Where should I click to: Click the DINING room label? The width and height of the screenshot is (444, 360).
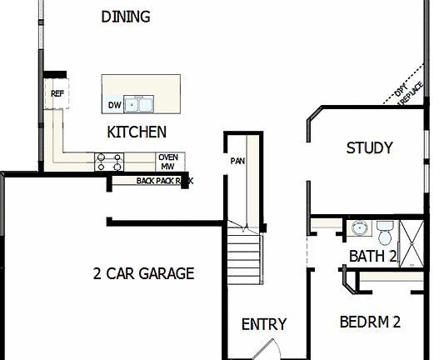pyautogui.click(x=125, y=17)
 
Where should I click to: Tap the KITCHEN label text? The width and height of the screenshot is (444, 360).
pyautogui.click(x=137, y=132)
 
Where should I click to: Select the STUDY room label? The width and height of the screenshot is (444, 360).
pyautogui.click(x=369, y=148)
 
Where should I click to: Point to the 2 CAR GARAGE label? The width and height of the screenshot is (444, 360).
pyautogui.click(x=143, y=273)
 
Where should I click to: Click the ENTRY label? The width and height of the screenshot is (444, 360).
pyautogui.click(x=263, y=324)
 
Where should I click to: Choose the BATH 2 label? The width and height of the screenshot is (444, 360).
pyautogui.click(x=372, y=256)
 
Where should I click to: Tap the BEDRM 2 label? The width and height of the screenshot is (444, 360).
pyautogui.click(x=371, y=322)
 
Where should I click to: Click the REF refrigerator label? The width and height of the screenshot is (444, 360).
pyautogui.click(x=57, y=94)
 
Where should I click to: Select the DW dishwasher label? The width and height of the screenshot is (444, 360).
pyautogui.click(x=114, y=105)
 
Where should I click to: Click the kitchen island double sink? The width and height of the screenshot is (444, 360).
pyautogui.click(x=140, y=104)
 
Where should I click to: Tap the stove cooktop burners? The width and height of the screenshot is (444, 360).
pyautogui.click(x=109, y=161)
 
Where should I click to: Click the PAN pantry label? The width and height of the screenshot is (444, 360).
pyautogui.click(x=237, y=160)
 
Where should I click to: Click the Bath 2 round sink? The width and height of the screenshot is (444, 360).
pyautogui.click(x=360, y=228)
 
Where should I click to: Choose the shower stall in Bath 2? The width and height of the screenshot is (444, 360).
pyautogui.click(x=411, y=243)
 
